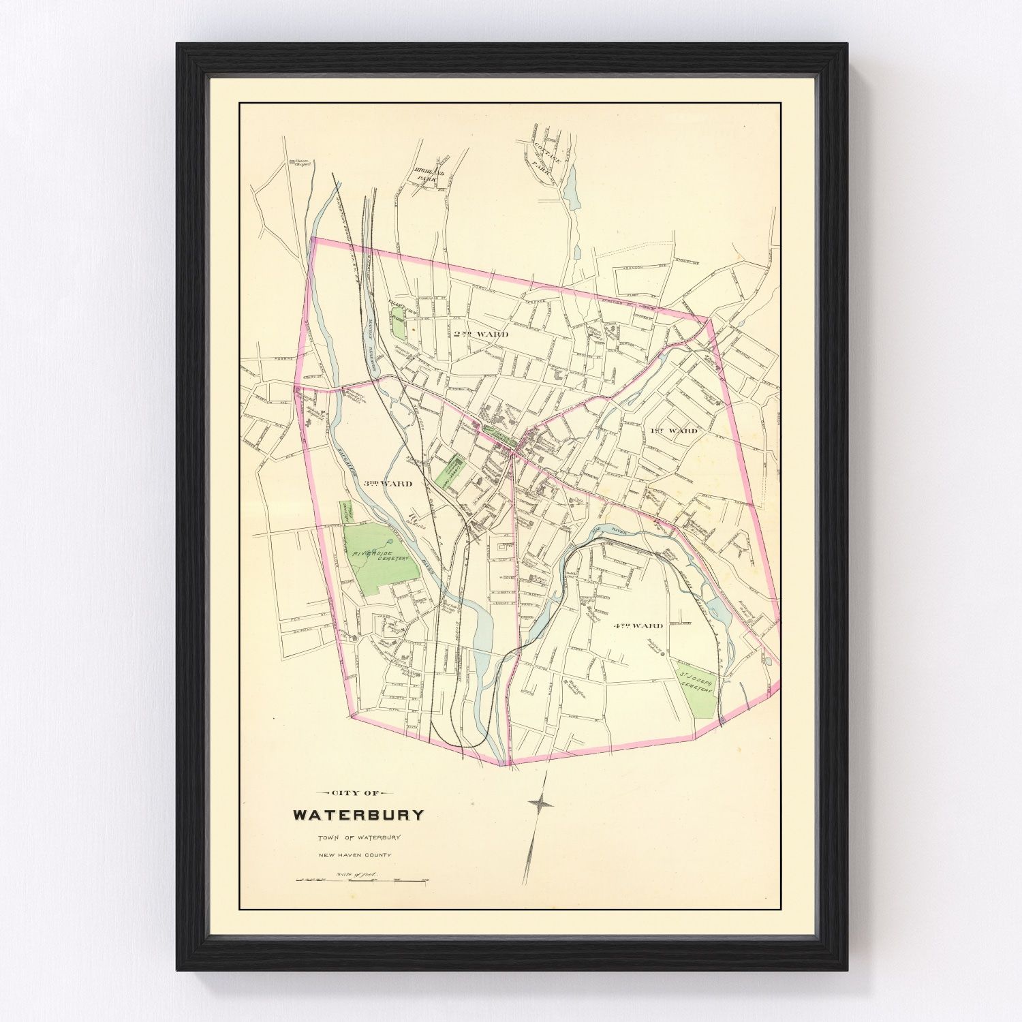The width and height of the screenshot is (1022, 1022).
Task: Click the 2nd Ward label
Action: [480, 335]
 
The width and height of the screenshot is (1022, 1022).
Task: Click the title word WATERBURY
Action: [358, 814]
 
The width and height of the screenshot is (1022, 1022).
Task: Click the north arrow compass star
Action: [540, 804]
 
